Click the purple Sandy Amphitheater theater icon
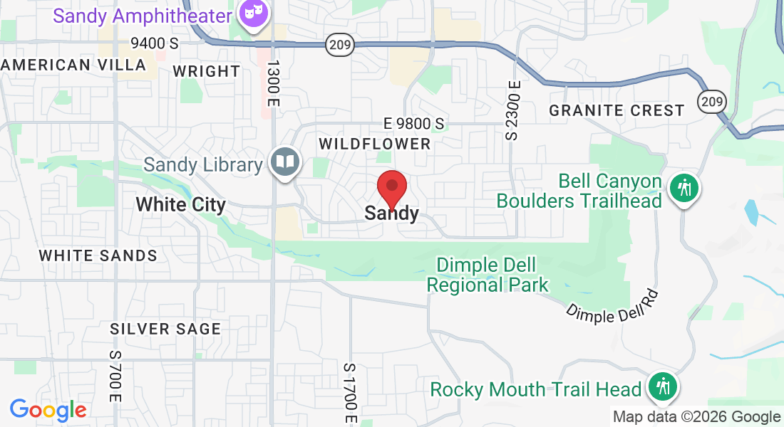click(250, 14)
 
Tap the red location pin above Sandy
click(391, 188)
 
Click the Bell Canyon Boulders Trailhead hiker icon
click(684, 189)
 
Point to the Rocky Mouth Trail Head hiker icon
click(664, 387)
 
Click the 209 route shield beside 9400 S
click(338, 46)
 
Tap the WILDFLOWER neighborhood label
click(375, 144)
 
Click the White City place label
click(180, 205)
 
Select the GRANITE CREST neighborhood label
click(617, 110)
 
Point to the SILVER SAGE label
click(165, 329)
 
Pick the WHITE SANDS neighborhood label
click(98, 255)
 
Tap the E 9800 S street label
click(413, 124)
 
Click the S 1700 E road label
click(349, 389)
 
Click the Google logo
click(48, 410)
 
